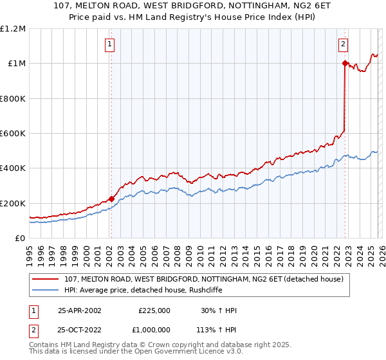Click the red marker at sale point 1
tap(111, 199)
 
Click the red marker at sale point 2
tap(345, 63)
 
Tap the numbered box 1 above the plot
tap(110, 44)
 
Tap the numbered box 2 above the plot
tap(343, 44)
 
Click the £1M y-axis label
tap(16, 64)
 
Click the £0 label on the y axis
tap(20, 238)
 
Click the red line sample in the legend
tap(46, 280)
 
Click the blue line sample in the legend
tap(46, 290)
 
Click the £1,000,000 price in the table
tap(154, 331)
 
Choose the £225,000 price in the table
tap(154, 310)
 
